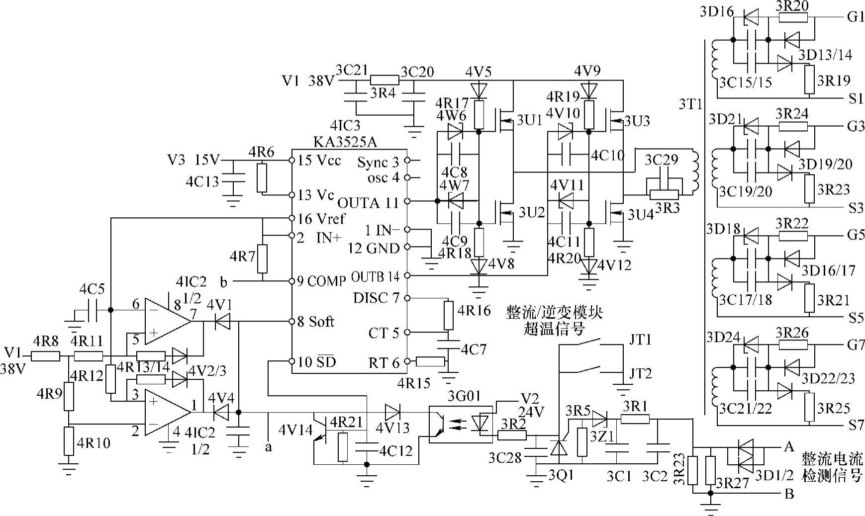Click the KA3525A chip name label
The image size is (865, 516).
tap(345, 142)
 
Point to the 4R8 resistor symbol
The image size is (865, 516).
tap(45, 356)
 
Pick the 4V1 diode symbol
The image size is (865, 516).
tap(222, 322)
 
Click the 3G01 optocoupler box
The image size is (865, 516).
tap(461, 425)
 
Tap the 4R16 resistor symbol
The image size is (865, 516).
tap(448, 315)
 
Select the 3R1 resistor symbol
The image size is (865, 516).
tap(635, 420)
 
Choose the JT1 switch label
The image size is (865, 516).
tap(640, 340)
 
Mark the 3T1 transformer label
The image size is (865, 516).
tap(690, 104)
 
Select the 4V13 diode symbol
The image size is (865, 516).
tap(392, 411)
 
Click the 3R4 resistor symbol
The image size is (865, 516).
tap(384, 80)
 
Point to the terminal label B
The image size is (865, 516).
tap(789, 494)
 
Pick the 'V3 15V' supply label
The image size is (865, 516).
tap(193, 161)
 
